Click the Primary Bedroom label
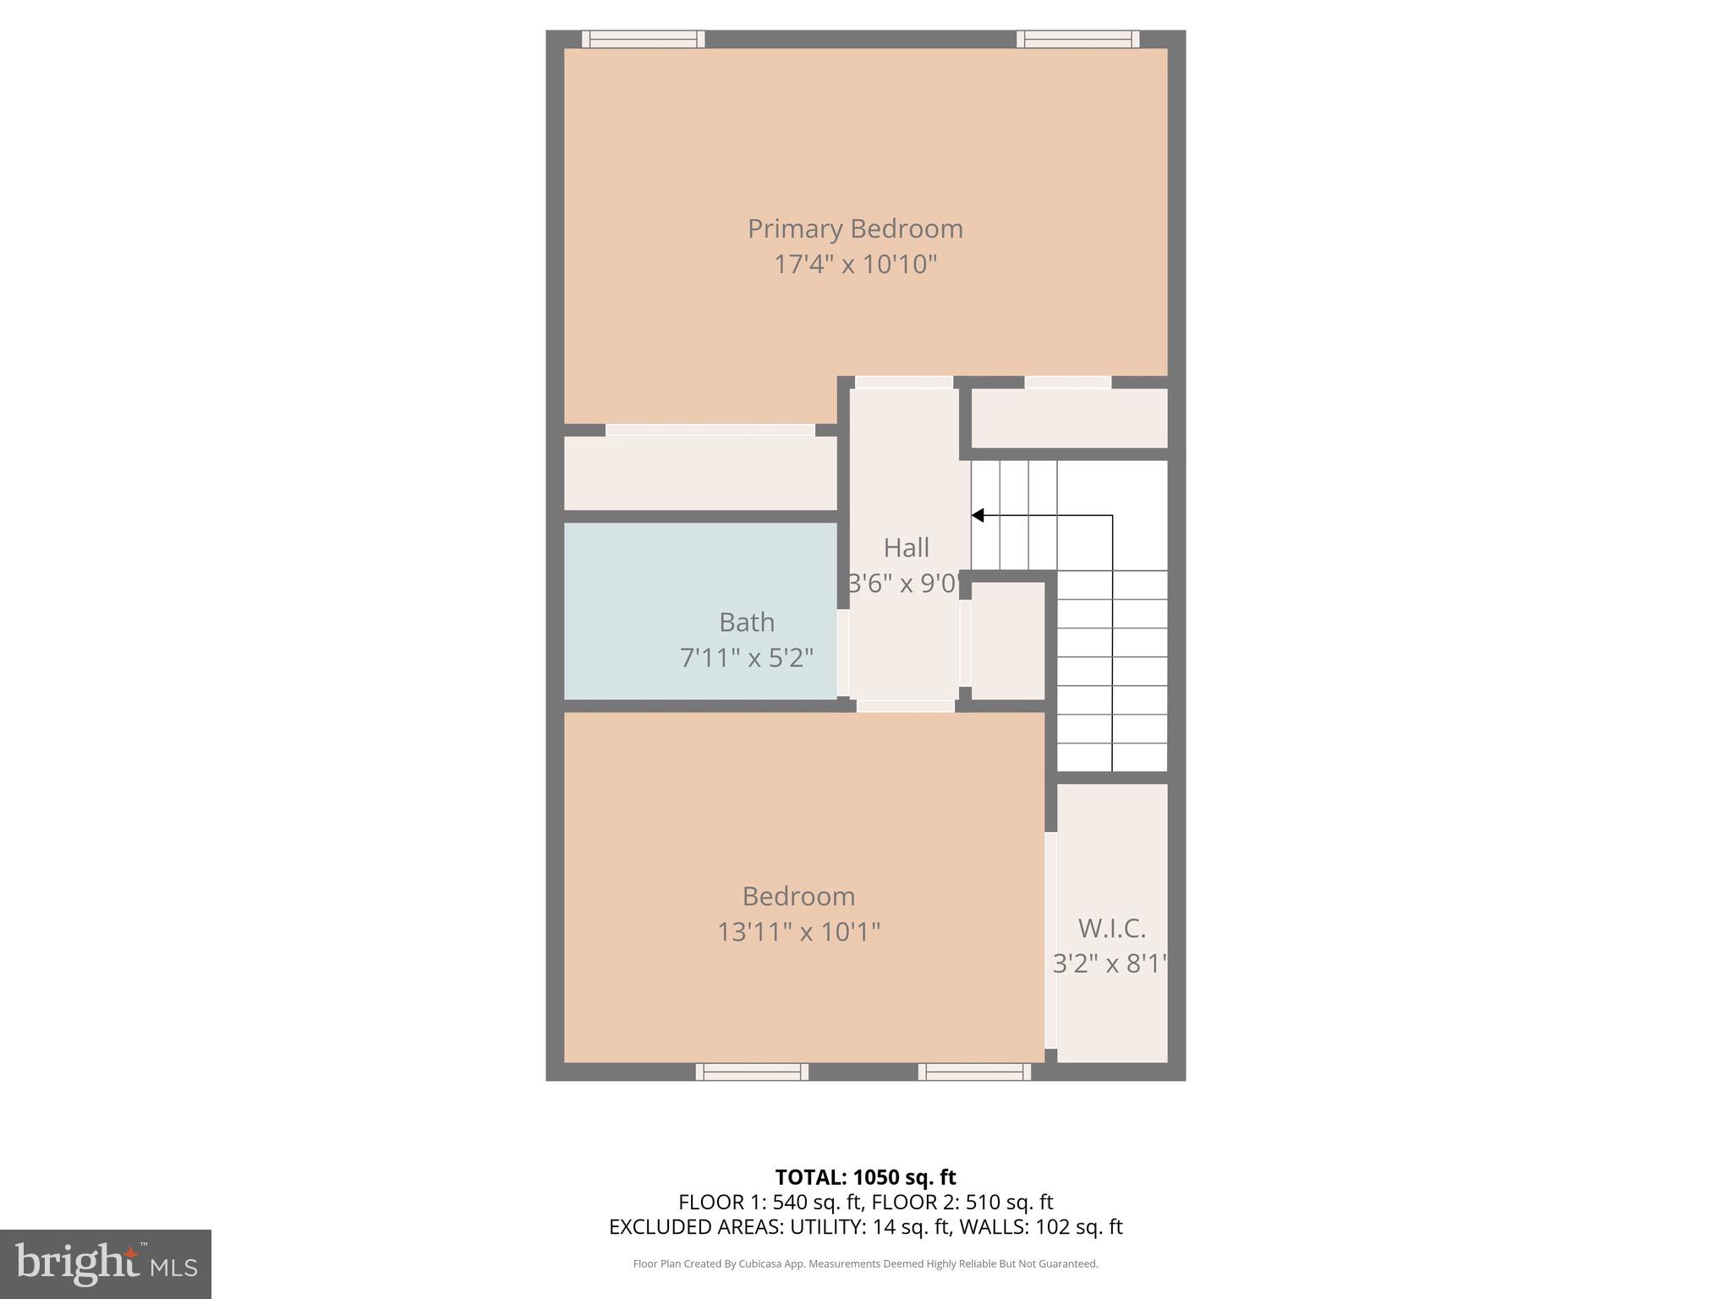coord(855,229)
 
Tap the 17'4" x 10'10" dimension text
coord(855,265)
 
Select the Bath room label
coord(746,622)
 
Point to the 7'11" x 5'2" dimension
coord(746,658)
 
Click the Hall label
coord(906,548)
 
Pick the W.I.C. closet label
coord(1111,929)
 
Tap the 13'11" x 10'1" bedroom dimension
coord(798,932)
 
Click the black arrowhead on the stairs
coord(978,515)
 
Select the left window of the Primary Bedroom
coord(643,39)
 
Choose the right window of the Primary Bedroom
coord(1077,39)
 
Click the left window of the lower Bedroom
coord(752,1072)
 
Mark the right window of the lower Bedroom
coord(974,1072)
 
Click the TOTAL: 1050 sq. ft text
coord(865,1177)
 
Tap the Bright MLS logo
coord(106,1263)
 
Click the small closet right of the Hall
coord(1008,640)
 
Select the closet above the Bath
coord(700,473)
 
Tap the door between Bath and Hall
coord(843,653)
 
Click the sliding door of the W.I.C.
coord(1050,940)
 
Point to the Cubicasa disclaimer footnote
coord(865,1263)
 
